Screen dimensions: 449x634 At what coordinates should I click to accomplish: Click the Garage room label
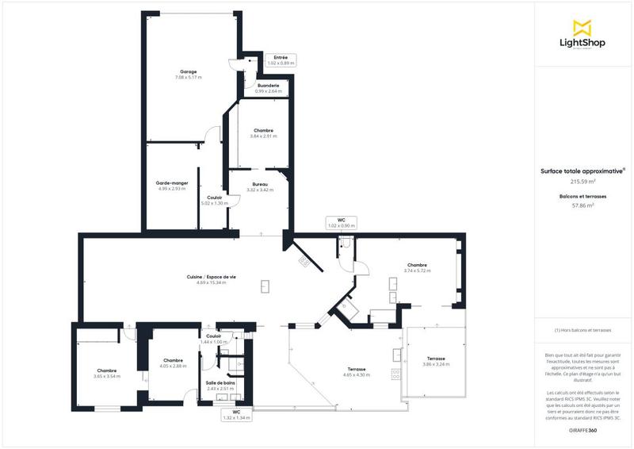[188, 71]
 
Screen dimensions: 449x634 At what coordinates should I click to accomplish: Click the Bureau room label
[260, 183]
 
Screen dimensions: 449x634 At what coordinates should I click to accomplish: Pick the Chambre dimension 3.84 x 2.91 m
[264, 136]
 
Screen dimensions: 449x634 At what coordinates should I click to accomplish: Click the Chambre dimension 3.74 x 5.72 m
[417, 271]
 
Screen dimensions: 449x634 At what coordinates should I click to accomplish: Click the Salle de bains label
[221, 383]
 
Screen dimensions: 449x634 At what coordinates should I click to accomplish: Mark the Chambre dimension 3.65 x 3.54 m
[107, 377]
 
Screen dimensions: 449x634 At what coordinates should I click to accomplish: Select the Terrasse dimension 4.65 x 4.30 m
[357, 374]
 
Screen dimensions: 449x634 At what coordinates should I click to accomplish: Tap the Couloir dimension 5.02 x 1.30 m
[214, 203]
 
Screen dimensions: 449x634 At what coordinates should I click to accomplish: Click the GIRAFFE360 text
[583, 429]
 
